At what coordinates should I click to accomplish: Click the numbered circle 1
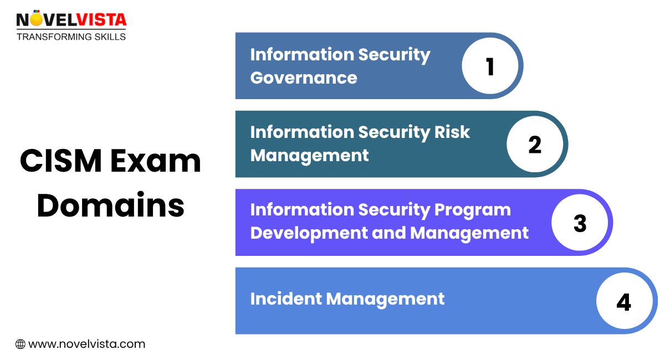point(490,66)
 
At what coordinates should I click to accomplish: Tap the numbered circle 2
point(535,145)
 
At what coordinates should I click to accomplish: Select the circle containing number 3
point(580,223)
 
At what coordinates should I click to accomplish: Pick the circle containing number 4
point(624,302)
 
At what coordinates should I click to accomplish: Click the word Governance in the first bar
point(304,78)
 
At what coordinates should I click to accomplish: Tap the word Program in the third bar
point(473,210)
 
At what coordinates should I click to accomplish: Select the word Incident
point(285,299)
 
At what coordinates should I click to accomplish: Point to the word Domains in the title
point(111,205)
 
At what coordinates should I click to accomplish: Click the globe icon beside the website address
point(21,344)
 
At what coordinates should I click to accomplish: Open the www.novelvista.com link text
point(86,344)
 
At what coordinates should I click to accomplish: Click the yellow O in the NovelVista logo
point(37,20)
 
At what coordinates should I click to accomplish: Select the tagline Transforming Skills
point(71,37)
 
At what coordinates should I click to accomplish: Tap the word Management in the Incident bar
point(385,299)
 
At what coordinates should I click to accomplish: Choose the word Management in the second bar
point(309,156)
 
